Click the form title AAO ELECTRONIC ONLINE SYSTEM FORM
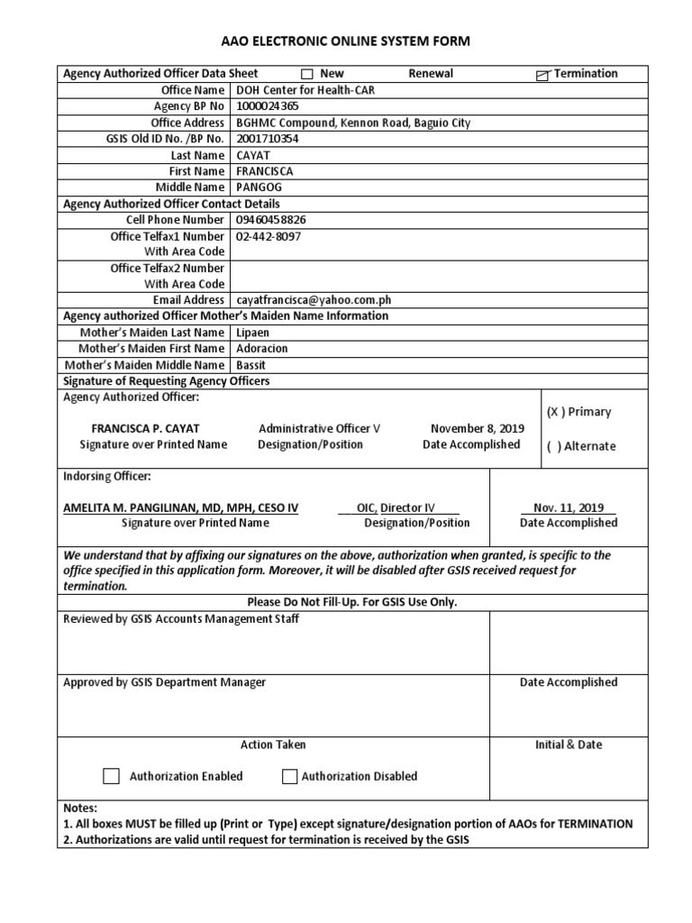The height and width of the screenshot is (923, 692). [x=346, y=41]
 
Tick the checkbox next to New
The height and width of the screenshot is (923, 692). [x=306, y=74]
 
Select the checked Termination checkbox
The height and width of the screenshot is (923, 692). [x=542, y=75]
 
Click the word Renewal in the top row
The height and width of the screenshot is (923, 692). [x=431, y=74]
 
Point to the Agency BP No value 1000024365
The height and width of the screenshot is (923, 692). [x=269, y=106]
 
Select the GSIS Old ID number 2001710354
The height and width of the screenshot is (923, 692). [x=268, y=139]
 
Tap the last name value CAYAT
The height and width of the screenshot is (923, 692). [x=253, y=155]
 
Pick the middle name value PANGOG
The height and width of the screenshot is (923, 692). [x=258, y=187]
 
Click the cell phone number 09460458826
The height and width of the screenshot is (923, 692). [x=270, y=220]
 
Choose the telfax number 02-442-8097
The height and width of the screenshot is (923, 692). [x=269, y=236]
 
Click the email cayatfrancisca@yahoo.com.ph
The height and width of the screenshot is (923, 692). [x=314, y=300]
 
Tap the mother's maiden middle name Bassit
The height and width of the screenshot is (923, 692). [x=251, y=365]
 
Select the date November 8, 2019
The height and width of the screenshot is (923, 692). [x=477, y=428]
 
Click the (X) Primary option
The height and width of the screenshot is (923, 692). [x=578, y=412]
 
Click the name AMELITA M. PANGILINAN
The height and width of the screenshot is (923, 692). [x=180, y=508]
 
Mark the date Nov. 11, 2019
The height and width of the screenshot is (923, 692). [x=568, y=508]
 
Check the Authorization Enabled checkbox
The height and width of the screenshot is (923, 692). [x=111, y=776]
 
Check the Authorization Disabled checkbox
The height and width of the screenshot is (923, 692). [x=289, y=776]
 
